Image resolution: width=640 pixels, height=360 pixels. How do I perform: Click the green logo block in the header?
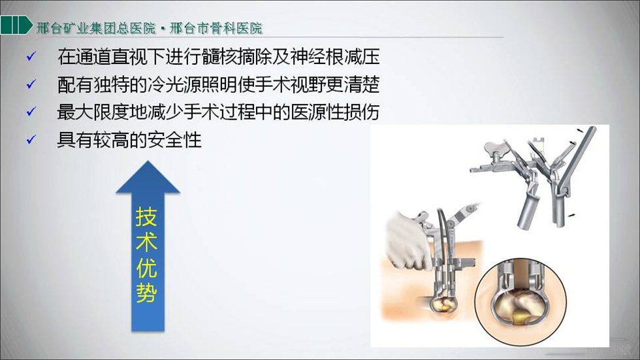click(16, 25)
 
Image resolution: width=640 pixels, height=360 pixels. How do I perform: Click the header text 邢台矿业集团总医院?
click(97, 28)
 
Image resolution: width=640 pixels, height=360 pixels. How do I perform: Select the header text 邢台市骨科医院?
click(216, 28)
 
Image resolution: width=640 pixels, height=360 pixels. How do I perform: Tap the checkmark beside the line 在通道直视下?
click(31, 56)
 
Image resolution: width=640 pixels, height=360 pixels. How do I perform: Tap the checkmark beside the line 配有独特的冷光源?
click(31, 84)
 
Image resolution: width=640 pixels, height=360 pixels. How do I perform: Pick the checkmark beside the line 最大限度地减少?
click(31, 112)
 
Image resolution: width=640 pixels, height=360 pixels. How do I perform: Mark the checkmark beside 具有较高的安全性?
click(31, 140)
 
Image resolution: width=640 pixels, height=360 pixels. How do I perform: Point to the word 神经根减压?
click(335, 56)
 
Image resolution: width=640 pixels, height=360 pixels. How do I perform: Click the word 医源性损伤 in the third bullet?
click(335, 112)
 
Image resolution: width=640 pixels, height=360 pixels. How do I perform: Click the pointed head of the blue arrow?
click(148, 177)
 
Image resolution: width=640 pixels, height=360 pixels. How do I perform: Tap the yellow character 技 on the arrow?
click(146, 216)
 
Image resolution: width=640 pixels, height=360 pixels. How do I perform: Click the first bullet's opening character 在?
click(66, 56)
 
